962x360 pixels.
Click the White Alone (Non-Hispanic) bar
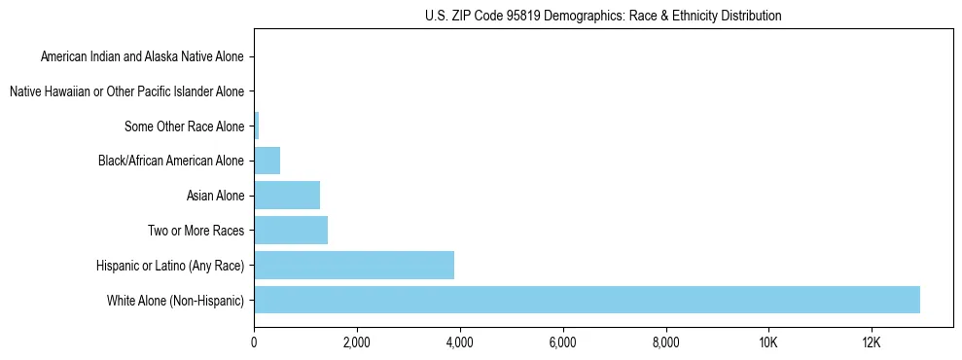point(587,300)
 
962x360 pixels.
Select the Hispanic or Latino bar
point(354,265)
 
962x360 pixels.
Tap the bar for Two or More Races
point(291,231)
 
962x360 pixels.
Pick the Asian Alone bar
point(287,196)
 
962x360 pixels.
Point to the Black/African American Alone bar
point(267,161)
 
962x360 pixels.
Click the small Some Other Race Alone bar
point(257,126)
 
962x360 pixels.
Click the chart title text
point(603,16)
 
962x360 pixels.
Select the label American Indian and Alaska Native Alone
point(143,56)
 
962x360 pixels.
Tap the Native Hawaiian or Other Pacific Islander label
point(126,91)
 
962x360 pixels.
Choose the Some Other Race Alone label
point(185,126)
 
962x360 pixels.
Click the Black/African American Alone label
point(171,161)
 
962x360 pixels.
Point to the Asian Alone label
point(215,196)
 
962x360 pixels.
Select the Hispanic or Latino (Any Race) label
point(170,266)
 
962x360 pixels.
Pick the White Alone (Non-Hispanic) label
point(176,301)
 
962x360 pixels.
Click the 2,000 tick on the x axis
point(357,342)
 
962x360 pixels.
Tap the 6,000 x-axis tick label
point(563,342)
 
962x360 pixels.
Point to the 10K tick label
point(768,342)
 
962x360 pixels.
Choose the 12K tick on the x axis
point(872,342)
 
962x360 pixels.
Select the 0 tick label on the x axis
point(254,342)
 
